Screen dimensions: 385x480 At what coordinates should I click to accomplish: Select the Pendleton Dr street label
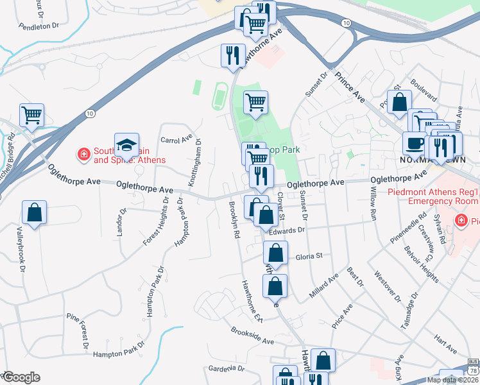(39, 26)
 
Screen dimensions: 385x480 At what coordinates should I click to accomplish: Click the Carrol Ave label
(176, 139)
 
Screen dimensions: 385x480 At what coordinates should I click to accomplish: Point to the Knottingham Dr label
(194, 163)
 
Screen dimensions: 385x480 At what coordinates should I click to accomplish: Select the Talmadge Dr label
(409, 311)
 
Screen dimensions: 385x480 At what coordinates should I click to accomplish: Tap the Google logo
(21, 377)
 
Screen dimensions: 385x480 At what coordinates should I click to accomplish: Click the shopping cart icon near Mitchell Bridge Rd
(31, 116)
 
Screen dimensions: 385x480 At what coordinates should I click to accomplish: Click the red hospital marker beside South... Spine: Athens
(83, 154)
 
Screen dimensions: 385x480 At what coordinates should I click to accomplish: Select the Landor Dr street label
(119, 221)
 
